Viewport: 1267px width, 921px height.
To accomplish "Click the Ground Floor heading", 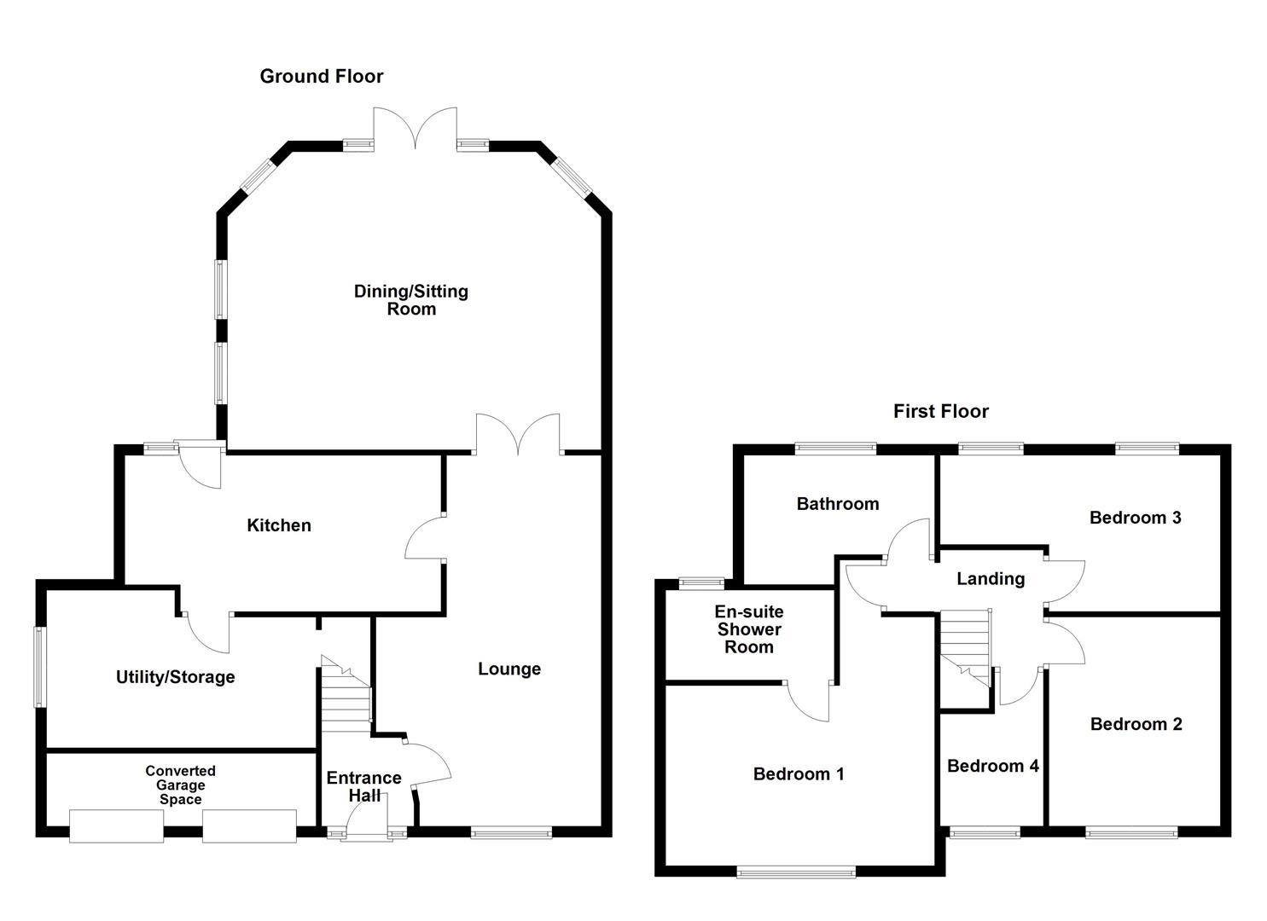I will coord(322,77).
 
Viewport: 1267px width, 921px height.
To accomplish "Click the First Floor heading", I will coord(940,412).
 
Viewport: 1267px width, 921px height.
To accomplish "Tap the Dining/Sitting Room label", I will coord(411,300).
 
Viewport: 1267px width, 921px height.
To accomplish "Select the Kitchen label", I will coord(279,526).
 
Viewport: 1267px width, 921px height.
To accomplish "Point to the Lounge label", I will coord(509,669).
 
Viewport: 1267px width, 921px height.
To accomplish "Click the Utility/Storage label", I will coord(175,677).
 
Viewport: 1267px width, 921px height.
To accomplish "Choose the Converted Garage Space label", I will coord(180,785).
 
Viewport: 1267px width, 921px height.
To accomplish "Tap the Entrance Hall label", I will coord(363,786).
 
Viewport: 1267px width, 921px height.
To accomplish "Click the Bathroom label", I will coord(837,504).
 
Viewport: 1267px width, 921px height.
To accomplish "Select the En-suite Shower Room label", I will coord(749,629).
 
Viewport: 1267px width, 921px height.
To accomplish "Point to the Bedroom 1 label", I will coord(799,774).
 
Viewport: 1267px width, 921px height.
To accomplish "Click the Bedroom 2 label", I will coord(1136,724).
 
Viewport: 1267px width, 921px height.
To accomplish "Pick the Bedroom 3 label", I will coord(1135,518).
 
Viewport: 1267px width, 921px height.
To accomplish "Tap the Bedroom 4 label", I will coord(992,766).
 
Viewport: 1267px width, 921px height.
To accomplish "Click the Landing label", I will coord(990,579).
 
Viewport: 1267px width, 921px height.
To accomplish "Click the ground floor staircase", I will coord(346,695).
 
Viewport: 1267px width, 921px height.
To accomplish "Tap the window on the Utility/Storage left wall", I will coord(39,667).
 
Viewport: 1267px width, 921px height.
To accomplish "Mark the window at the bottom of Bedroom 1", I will coord(796,872).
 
